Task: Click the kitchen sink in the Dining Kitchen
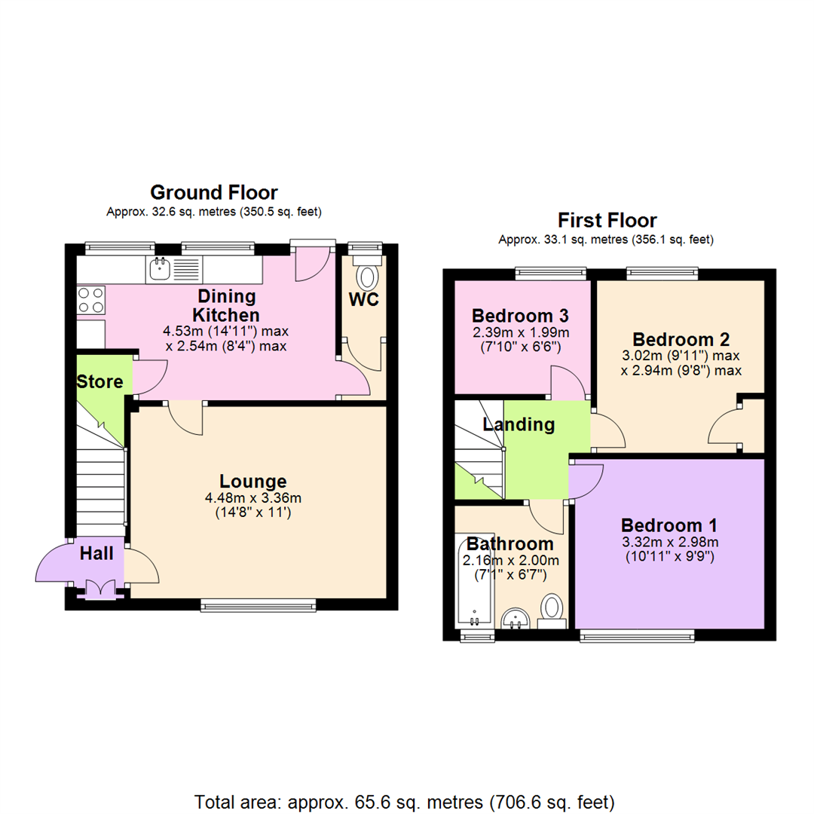point(159,268)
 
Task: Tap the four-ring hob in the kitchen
point(90,301)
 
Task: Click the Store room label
point(99,382)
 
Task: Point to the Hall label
point(97,554)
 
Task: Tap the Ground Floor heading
point(214,192)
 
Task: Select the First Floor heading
point(607,221)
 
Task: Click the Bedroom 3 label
point(519,315)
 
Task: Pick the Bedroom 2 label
point(681,338)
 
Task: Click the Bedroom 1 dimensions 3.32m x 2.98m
point(670,543)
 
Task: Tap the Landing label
point(519,425)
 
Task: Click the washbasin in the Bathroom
point(517,619)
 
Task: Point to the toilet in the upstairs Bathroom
point(553,609)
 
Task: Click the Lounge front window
point(258,604)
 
